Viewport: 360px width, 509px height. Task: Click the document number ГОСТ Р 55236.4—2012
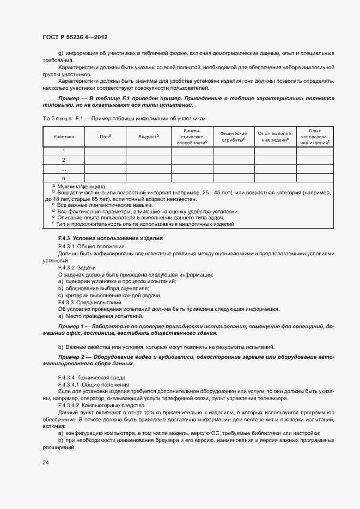coord(75,38)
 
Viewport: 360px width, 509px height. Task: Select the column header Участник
coord(64,137)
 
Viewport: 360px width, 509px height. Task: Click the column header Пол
coord(105,137)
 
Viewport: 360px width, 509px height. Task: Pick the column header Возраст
coord(148,137)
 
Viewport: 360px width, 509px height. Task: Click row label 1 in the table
coord(64,151)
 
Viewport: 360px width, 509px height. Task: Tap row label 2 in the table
coord(64,160)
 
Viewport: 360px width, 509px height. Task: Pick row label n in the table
coord(64,178)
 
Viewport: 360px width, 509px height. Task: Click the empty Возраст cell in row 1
coord(148,151)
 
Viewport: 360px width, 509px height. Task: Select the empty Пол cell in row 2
coord(105,160)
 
